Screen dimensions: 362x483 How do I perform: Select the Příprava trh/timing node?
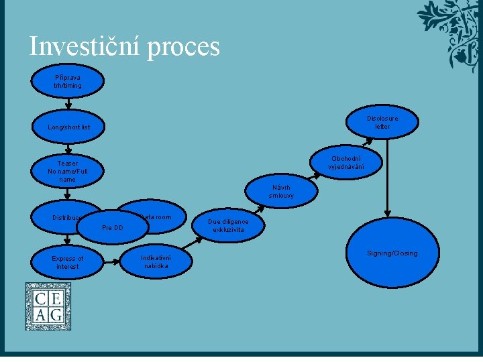68,82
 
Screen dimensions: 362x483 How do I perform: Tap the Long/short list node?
68,127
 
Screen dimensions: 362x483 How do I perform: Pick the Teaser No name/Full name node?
68,171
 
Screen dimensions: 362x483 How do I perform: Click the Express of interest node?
68,262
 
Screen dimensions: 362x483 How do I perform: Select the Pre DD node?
111,228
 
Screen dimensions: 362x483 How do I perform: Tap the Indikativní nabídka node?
156,261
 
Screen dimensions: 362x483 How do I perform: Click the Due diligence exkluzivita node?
228,226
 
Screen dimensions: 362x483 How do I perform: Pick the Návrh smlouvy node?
280,191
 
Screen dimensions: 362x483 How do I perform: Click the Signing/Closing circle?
392,253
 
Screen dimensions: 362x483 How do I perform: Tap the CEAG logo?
48,306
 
